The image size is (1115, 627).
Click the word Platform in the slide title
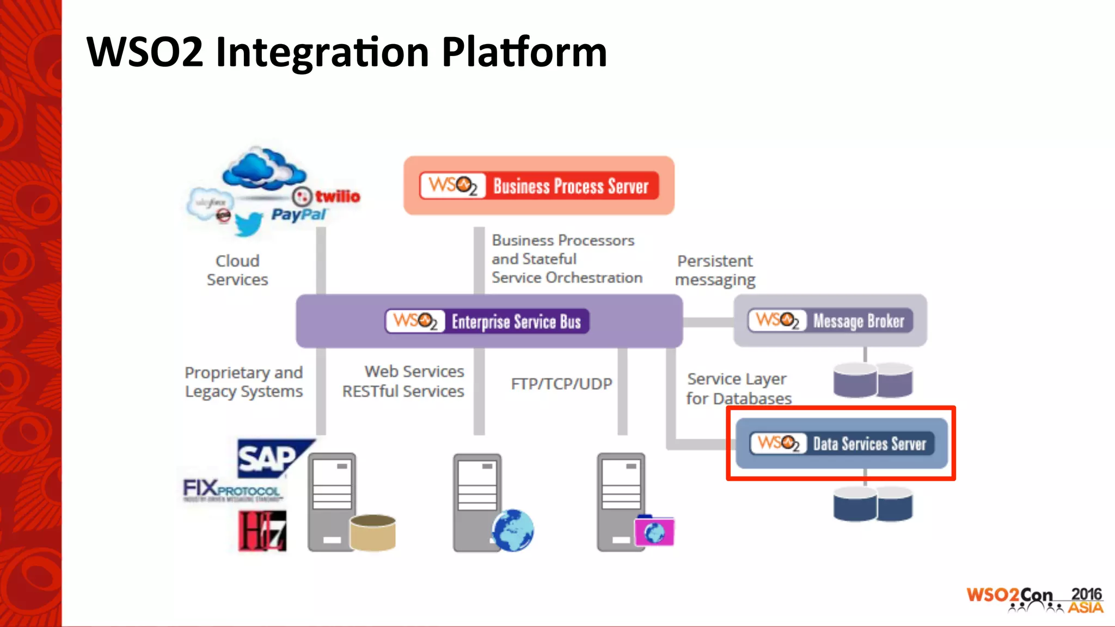tap(524, 52)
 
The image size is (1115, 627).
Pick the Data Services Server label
tap(869, 444)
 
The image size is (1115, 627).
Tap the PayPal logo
tap(298, 214)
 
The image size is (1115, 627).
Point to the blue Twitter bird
tap(248, 223)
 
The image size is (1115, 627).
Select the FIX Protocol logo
tap(232, 490)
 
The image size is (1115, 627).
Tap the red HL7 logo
tap(262, 531)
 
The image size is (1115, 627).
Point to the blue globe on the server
tap(513, 530)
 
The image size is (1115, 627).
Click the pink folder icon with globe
tap(654, 531)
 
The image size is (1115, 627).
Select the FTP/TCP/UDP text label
tap(561, 384)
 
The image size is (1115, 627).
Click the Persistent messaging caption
tap(715, 270)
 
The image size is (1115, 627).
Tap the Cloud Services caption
tap(237, 270)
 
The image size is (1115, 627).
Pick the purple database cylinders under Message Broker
tap(873, 380)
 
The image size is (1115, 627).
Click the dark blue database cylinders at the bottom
tap(873, 504)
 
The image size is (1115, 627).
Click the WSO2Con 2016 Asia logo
tap(1034, 600)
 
